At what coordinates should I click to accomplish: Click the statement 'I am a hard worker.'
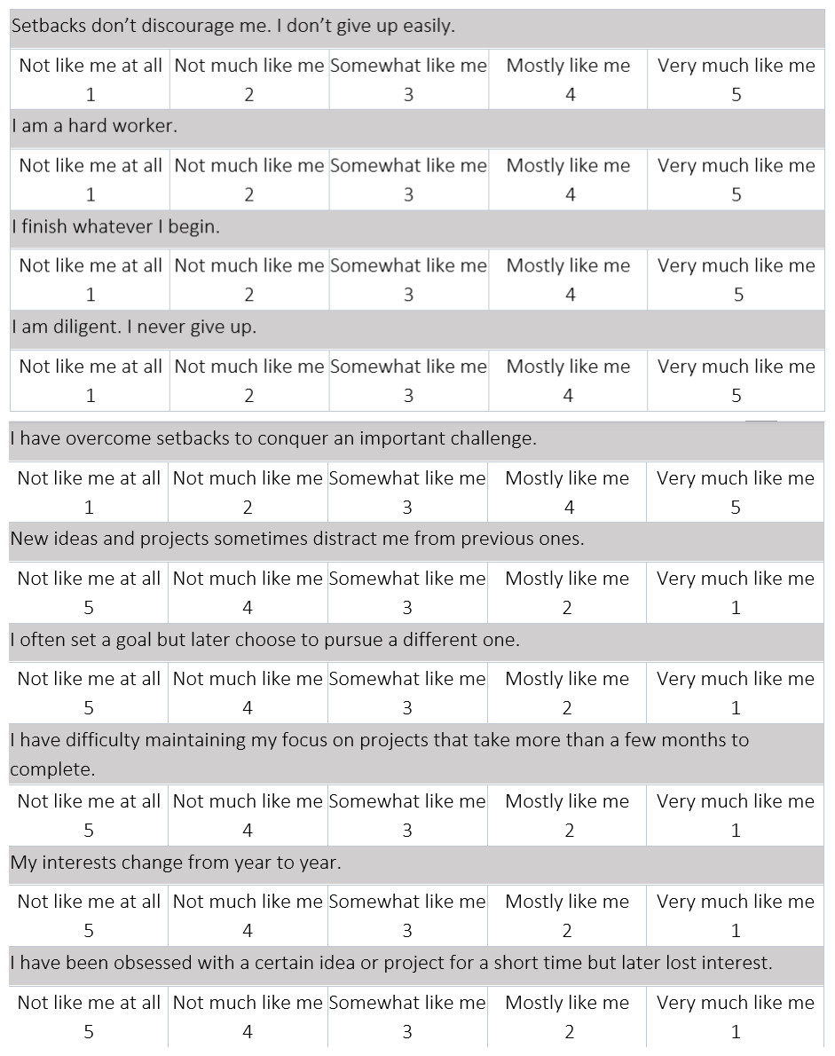[95, 126]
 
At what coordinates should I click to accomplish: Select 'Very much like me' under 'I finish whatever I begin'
[736, 265]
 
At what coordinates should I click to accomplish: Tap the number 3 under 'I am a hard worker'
[408, 195]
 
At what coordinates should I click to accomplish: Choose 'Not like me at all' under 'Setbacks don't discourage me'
[91, 66]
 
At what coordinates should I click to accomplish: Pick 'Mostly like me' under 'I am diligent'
[568, 366]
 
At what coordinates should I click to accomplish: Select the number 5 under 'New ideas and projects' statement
[89, 608]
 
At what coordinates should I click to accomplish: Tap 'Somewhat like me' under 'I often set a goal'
[407, 679]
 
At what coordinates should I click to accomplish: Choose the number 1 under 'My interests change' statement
[736, 931]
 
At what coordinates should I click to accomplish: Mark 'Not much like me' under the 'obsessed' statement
[248, 1003]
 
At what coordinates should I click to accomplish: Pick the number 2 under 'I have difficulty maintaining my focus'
[569, 831]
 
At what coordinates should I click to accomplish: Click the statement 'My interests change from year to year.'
[176, 863]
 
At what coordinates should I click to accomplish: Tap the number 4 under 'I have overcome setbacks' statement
[569, 508]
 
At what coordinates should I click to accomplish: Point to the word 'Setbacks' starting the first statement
[49, 26]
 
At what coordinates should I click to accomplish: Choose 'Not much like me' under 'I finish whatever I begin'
[248, 265]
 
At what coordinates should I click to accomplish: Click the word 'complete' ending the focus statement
[51, 769]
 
